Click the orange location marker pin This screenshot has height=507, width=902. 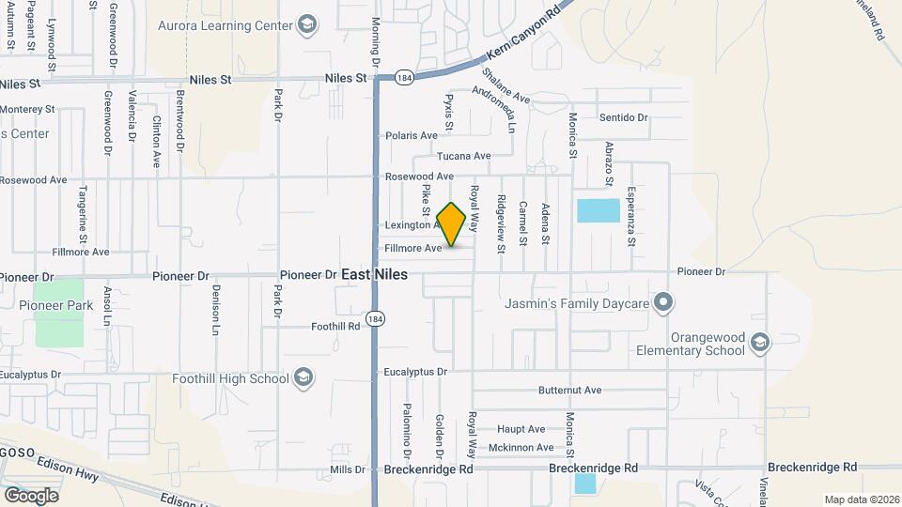tap(452, 223)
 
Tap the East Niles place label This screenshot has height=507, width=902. tap(374, 274)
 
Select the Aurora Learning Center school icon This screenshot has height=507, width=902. tap(306, 25)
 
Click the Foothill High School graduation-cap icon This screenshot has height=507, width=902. tap(303, 378)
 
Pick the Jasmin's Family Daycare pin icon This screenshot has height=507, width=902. tap(664, 302)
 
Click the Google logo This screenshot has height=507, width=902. tap(31, 495)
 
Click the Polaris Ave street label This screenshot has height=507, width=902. tap(412, 135)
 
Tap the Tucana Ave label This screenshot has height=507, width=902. tap(464, 156)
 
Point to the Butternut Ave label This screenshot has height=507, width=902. tap(569, 390)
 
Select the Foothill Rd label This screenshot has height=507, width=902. tap(335, 327)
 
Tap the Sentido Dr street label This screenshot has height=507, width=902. tap(624, 117)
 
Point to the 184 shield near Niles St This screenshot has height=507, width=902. tap(404, 77)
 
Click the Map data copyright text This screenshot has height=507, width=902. tap(859, 499)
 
